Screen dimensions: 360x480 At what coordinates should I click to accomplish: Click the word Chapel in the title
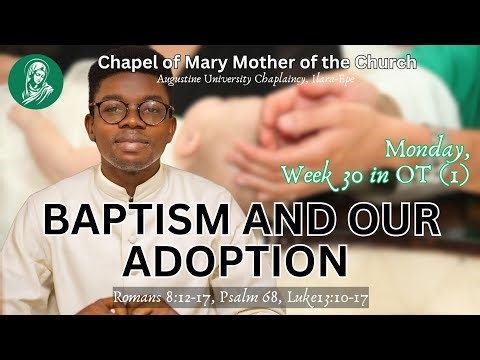124,63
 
